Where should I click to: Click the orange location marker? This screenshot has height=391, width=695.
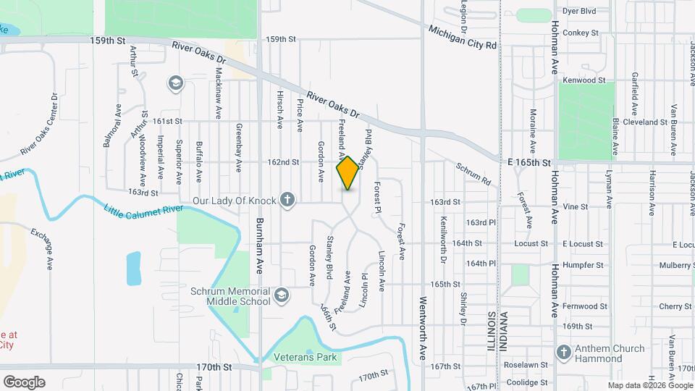tap(347, 173)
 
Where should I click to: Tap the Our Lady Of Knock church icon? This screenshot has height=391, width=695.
tap(287, 200)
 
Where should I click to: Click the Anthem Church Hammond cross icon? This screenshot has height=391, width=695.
tap(563, 352)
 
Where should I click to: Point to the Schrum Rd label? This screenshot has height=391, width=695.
tap(474, 172)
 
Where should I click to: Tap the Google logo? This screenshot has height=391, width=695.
tap(24, 382)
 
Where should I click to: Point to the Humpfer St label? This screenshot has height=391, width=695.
tap(584, 265)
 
